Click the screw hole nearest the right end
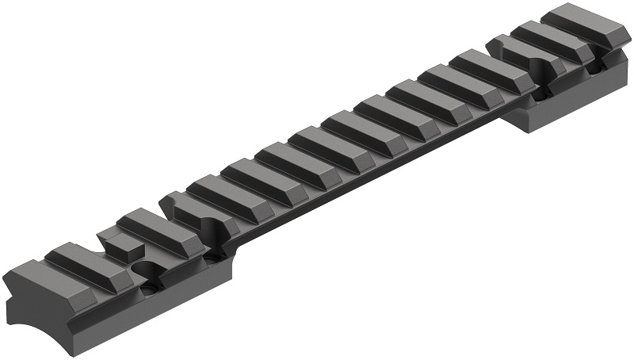click(594, 70)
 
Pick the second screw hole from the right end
click(542, 94)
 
